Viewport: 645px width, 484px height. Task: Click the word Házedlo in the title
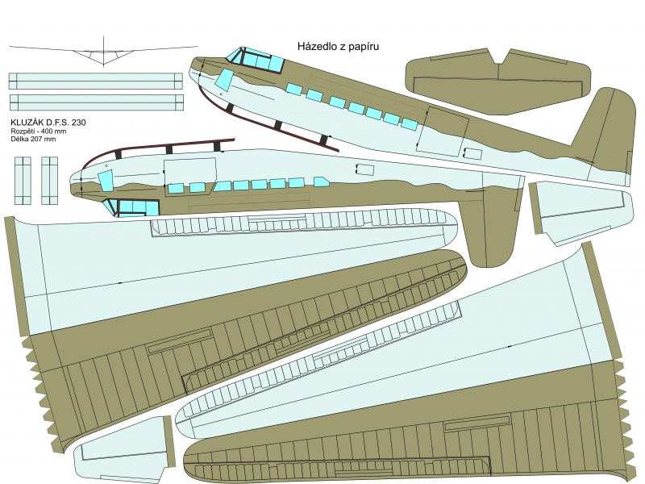(x=316, y=48)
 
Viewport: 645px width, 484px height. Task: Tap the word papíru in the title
(x=362, y=48)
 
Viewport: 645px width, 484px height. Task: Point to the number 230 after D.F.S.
(x=76, y=123)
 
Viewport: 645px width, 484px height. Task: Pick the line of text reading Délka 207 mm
(x=33, y=139)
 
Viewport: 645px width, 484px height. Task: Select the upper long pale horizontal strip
(x=95, y=81)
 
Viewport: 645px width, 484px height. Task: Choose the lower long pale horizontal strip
(x=95, y=102)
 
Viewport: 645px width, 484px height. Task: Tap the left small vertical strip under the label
(x=23, y=180)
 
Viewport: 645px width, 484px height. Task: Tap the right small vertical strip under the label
(x=50, y=180)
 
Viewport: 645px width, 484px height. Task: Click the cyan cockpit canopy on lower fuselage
(x=133, y=207)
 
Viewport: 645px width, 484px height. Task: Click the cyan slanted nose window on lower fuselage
(x=105, y=179)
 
